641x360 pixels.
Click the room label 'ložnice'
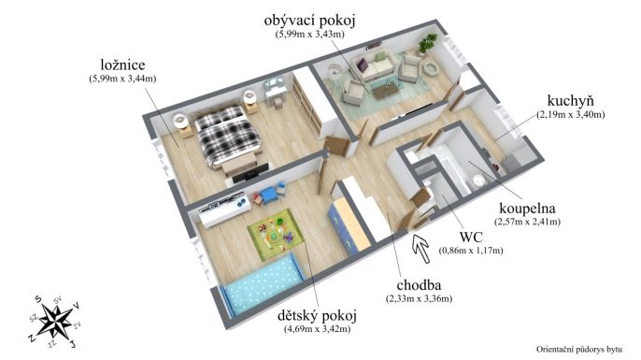pos(122,65)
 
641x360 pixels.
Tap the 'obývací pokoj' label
pos(309,20)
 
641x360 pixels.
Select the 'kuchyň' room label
pos(570,100)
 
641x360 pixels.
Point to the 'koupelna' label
pos(527,209)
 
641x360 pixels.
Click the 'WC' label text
pos(471,237)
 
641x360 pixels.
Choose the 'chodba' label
pos(419,285)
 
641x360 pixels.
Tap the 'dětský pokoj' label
pos(318,315)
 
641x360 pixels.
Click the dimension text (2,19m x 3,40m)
pos(571,115)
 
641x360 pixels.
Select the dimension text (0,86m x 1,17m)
pos(471,251)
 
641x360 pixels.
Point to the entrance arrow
pos(420,247)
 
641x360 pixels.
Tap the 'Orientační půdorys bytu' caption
pos(579,350)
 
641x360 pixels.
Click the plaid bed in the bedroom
pos(227,134)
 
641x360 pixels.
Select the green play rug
pos(276,235)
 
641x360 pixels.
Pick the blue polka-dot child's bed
pos(263,283)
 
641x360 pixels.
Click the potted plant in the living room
pos(426,43)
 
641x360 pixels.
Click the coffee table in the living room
pos(385,90)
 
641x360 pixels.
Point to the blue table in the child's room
pos(268,194)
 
